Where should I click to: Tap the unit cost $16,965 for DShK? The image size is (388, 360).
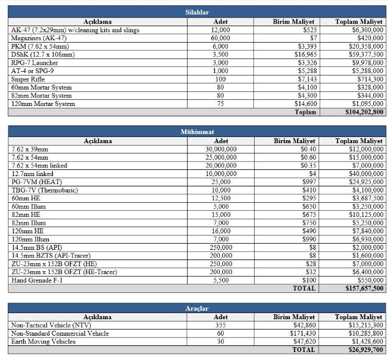click(301, 54)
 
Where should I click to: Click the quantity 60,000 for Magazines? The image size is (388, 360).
click(220, 38)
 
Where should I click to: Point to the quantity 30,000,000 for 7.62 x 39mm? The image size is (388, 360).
click(220, 149)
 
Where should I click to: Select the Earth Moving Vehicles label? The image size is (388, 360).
click(45, 342)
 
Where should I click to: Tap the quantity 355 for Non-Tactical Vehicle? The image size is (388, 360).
click(220, 325)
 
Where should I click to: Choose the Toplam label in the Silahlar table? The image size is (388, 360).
click(305, 112)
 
